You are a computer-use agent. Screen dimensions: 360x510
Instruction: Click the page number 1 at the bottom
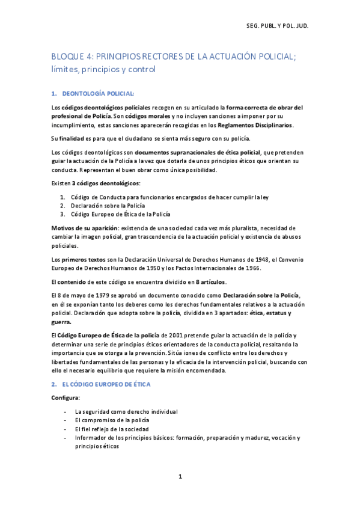[180, 476]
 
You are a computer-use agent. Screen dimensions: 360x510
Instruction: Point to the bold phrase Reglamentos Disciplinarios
[257, 125]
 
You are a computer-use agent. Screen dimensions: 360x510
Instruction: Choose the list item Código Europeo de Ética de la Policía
[120, 214]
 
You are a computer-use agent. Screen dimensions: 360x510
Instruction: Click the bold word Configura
[66, 398]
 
